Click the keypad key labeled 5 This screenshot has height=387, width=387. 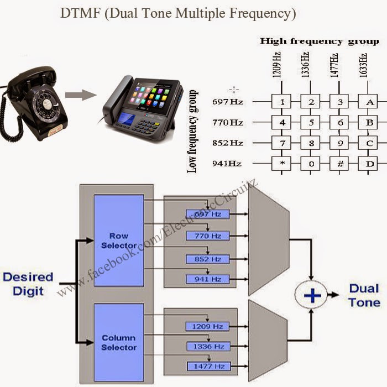pyautogui.click(x=311, y=122)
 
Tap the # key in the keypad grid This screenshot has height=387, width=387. pyautogui.click(x=339, y=164)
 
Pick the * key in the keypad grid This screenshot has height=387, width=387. pyautogui.click(x=282, y=164)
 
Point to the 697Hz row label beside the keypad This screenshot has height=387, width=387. pyautogui.click(x=228, y=102)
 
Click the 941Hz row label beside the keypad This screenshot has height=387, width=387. pyautogui.click(x=228, y=164)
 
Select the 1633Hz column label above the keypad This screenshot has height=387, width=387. pyautogui.click(x=363, y=65)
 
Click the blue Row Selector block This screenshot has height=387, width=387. pyautogui.click(x=119, y=240)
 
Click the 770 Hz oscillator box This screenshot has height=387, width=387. pyautogui.click(x=207, y=236)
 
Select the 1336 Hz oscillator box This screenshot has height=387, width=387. pyautogui.click(x=207, y=347)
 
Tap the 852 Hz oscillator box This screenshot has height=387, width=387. pyautogui.click(x=207, y=259)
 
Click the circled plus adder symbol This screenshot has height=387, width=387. pyautogui.click(x=312, y=296)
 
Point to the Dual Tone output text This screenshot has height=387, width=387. pyautogui.click(x=364, y=295)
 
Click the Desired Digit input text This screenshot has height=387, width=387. pyautogui.click(x=28, y=283)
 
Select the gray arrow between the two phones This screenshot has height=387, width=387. pyautogui.click(x=80, y=95)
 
